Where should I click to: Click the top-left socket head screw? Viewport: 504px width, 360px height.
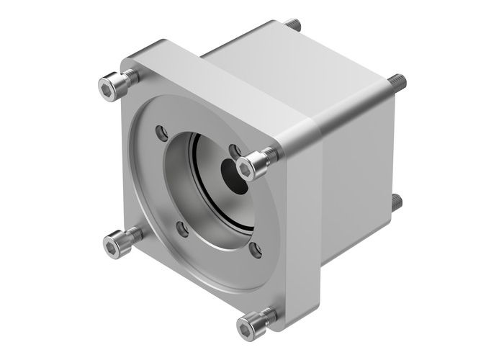coord(109,87)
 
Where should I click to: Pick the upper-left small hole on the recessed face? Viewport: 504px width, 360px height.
coord(162,132)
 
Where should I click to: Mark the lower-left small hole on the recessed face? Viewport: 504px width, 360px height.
coord(183,230)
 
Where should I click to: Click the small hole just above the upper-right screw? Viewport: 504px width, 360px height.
coord(234,150)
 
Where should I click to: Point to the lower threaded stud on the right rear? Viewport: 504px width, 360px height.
coord(397,202)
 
